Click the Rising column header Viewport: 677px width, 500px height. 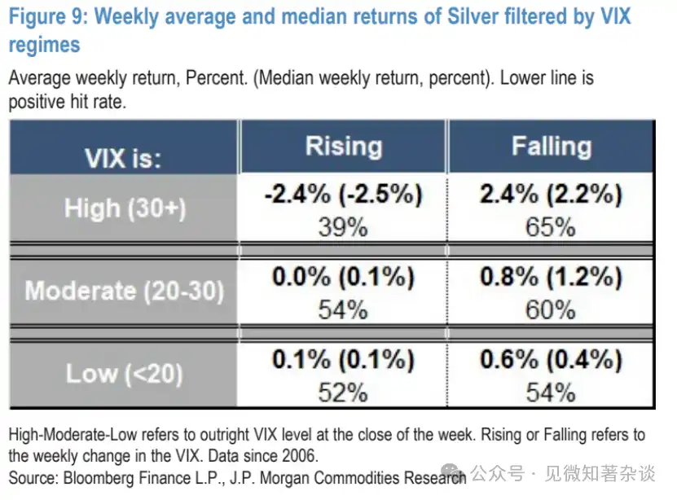[x=343, y=147]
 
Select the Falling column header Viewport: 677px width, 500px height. [x=551, y=147]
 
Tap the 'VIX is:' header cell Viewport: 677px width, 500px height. [x=124, y=158]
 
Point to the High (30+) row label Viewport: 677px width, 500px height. [x=125, y=208]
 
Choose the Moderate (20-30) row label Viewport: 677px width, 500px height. [x=125, y=291]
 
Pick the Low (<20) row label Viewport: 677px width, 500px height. [x=125, y=374]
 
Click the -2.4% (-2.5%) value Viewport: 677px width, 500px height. [x=343, y=195]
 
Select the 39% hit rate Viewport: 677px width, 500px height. [x=343, y=226]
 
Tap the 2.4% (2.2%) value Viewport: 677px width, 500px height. [x=551, y=195]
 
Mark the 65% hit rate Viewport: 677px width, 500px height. [x=551, y=226]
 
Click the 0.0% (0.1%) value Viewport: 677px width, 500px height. [x=343, y=278]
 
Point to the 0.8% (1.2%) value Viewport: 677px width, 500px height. [x=551, y=278]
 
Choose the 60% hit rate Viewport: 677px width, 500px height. [x=551, y=309]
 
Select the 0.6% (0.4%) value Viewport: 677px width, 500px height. [x=551, y=361]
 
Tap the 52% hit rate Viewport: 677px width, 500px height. [x=343, y=393]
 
